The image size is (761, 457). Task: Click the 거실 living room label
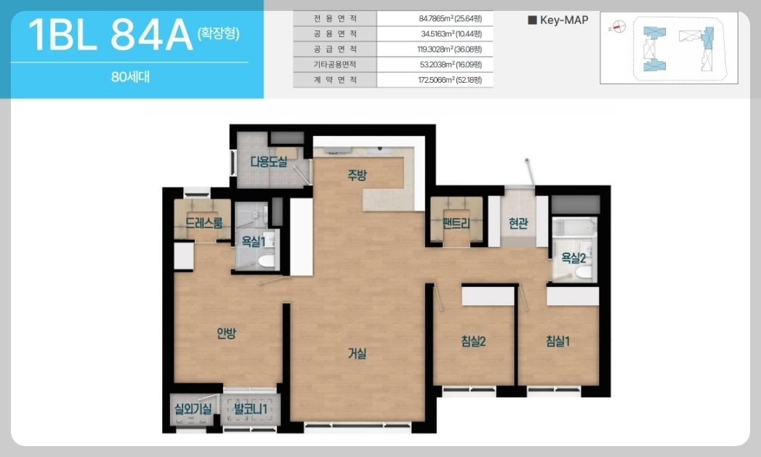(x=357, y=354)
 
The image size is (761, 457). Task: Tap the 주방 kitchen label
(x=357, y=176)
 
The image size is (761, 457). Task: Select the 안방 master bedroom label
(x=226, y=333)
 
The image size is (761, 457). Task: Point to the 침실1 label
(x=557, y=341)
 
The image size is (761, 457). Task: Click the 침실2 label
(x=473, y=341)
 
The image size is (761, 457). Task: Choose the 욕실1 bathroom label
(x=254, y=241)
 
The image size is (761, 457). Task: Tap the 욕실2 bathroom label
(x=573, y=258)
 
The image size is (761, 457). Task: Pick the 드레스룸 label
(x=204, y=222)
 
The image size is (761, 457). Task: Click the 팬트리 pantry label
(x=456, y=223)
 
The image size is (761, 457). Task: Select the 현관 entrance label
(x=518, y=223)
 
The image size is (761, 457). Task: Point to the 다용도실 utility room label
(x=269, y=161)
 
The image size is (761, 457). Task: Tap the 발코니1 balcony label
(x=251, y=409)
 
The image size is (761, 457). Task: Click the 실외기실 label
(x=193, y=409)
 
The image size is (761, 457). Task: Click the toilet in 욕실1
(x=266, y=262)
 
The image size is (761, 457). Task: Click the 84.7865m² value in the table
(x=450, y=18)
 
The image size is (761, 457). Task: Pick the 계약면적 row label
(x=335, y=80)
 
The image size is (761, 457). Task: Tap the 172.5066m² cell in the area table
(x=450, y=80)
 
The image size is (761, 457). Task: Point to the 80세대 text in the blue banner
(x=130, y=77)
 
